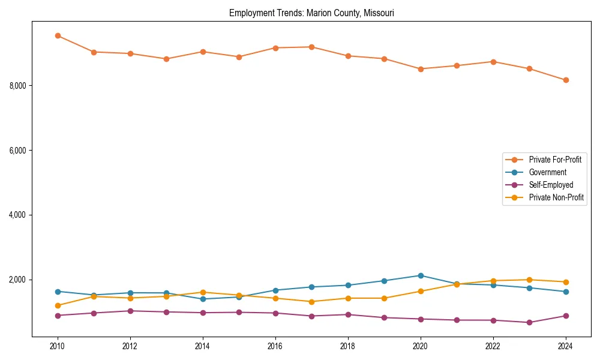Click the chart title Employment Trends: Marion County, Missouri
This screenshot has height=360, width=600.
(x=311, y=13)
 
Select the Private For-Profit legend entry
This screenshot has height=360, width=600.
(x=555, y=160)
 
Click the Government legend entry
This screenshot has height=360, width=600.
(x=547, y=172)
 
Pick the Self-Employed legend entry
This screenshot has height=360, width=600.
(x=551, y=185)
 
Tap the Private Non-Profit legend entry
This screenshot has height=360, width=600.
(x=556, y=197)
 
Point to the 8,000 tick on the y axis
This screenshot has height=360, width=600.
(x=19, y=86)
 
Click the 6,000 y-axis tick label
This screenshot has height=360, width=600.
(x=19, y=151)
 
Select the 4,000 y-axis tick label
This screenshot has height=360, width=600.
(x=19, y=215)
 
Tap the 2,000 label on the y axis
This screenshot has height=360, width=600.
(x=19, y=280)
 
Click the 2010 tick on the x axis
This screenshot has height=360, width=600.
(x=58, y=346)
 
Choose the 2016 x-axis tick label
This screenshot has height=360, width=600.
(x=275, y=346)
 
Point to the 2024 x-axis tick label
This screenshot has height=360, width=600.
(x=566, y=346)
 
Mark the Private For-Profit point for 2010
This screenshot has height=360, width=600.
(x=58, y=35)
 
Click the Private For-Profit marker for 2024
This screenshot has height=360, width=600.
(x=566, y=80)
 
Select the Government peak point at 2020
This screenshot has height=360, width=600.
(x=421, y=275)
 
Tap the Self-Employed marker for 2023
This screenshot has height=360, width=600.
(x=529, y=322)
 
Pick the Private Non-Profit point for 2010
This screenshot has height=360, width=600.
(x=58, y=305)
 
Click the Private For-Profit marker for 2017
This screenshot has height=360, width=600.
(x=311, y=47)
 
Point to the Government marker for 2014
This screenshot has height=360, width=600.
(x=203, y=299)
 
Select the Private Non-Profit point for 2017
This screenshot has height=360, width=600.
(x=311, y=302)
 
